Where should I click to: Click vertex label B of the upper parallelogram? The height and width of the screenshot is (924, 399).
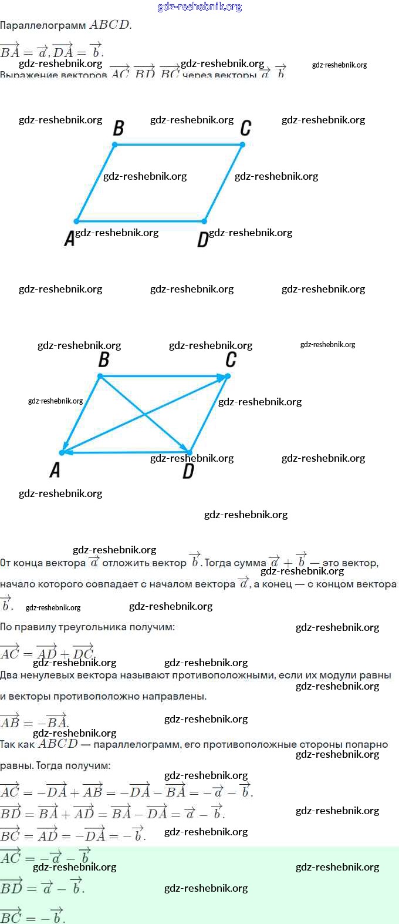click(x=119, y=128)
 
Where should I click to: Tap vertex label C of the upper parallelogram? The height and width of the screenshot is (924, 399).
click(x=246, y=128)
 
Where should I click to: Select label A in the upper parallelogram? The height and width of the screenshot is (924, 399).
click(x=69, y=239)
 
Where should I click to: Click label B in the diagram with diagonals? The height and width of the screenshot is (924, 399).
click(x=104, y=359)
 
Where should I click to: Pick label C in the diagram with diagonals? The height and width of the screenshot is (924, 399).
click(x=231, y=359)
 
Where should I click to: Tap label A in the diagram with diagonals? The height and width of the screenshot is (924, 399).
click(x=55, y=470)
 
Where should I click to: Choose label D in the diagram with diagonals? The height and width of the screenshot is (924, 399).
click(x=188, y=471)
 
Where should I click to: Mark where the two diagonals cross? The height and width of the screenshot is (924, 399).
click(x=145, y=415)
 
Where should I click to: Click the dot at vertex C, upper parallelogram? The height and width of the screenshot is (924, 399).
click(x=242, y=145)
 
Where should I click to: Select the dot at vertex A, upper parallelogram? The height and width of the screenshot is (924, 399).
click(x=76, y=221)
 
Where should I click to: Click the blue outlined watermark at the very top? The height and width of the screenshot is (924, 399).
click(x=199, y=6)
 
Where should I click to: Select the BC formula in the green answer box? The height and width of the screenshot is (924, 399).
click(x=32, y=915)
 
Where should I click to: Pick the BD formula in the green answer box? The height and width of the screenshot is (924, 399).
click(x=42, y=887)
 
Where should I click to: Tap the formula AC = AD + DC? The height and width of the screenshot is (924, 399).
click(x=47, y=652)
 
